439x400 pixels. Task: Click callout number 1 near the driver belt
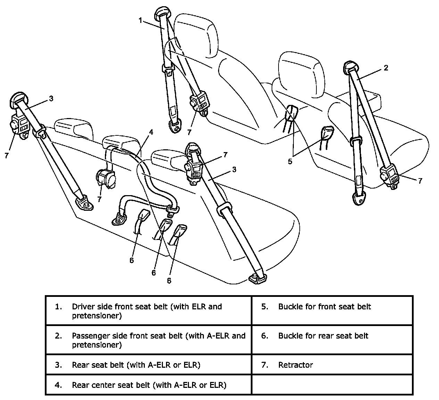click(x=140, y=20)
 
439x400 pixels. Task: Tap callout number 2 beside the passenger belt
click(x=386, y=68)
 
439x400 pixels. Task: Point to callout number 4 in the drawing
click(x=150, y=132)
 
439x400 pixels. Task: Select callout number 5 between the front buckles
click(x=290, y=161)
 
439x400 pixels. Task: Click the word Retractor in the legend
click(x=296, y=365)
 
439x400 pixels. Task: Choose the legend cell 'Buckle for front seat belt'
click(x=324, y=307)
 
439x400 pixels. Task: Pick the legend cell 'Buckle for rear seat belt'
click(x=323, y=336)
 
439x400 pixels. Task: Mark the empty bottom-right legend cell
click(x=332, y=384)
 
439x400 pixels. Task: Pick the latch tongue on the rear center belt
click(x=173, y=209)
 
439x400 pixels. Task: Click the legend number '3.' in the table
click(x=58, y=365)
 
